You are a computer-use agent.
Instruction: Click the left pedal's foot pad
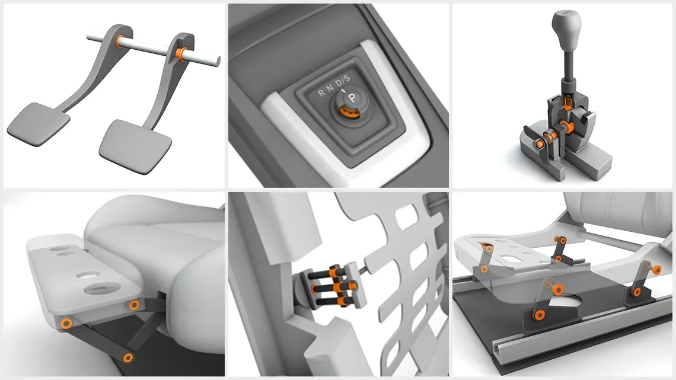(39, 123)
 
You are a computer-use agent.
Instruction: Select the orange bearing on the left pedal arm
(120, 41)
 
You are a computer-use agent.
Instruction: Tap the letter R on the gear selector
(321, 92)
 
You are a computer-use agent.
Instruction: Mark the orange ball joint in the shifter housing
(562, 127)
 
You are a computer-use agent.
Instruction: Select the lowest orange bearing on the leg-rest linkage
(127, 357)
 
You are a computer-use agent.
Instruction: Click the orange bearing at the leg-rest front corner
(67, 323)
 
